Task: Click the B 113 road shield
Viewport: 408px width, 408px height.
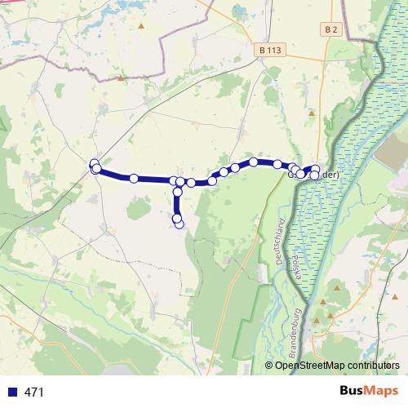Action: pos(270,49)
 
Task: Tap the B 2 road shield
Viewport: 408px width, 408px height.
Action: pos(330,29)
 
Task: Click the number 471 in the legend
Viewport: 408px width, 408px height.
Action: pos(34,392)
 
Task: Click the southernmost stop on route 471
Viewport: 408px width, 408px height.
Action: pos(179,224)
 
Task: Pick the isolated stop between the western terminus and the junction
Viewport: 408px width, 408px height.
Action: pos(134,178)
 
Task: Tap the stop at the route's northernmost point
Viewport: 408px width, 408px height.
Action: pos(254,162)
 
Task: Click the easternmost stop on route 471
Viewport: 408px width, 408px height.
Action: pos(316,170)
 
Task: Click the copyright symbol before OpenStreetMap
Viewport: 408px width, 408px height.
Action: pos(269,366)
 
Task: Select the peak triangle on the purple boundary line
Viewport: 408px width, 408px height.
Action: pos(121,78)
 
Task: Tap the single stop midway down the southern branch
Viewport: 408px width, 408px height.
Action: pos(178,193)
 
